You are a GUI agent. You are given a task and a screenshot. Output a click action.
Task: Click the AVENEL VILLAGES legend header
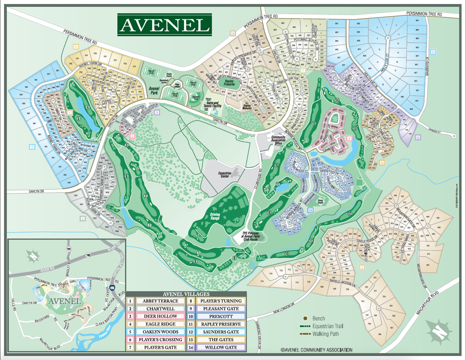click(x=187, y=293)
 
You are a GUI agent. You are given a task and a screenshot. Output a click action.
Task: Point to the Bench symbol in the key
click(x=304, y=318)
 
